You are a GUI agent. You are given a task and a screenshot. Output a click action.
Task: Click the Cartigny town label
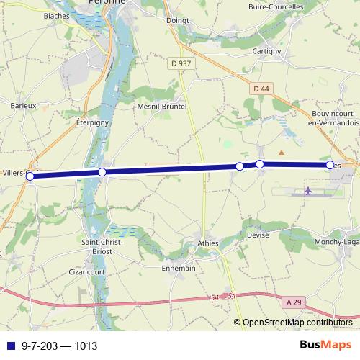coord(266,52)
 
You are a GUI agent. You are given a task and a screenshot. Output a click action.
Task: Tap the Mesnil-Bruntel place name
coord(162,106)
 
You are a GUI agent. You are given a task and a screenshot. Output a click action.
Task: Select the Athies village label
coord(207,244)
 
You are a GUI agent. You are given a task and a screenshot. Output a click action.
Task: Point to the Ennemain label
coord(179,268)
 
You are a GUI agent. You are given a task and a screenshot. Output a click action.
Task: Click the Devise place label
coord(258,235)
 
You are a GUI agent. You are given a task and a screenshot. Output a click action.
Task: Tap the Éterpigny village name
coord(91,123)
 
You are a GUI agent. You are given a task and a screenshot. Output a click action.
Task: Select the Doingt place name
coord(177,20)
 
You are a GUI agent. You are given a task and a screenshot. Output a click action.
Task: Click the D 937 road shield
coord(181,63)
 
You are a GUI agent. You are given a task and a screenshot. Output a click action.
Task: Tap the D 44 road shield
coord(261,88)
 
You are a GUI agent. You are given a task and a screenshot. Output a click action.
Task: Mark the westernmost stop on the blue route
coord(30,176)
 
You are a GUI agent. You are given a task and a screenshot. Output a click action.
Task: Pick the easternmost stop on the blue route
coord(330,165)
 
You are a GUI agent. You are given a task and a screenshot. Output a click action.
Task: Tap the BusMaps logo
coord(325,345)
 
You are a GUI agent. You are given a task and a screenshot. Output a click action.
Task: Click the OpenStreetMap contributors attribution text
coord(297,323)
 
